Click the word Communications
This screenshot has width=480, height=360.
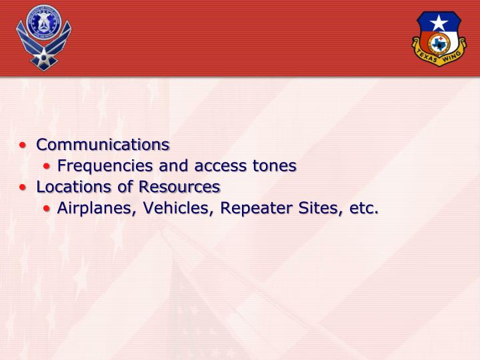point(103,145)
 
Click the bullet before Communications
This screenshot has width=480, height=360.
point(25,145)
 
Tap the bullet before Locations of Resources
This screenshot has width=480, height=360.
point(25,187)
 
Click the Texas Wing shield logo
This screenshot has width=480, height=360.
point(438,38)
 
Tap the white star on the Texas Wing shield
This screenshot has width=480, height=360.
point(438,23)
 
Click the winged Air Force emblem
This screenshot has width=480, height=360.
point(43,37)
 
